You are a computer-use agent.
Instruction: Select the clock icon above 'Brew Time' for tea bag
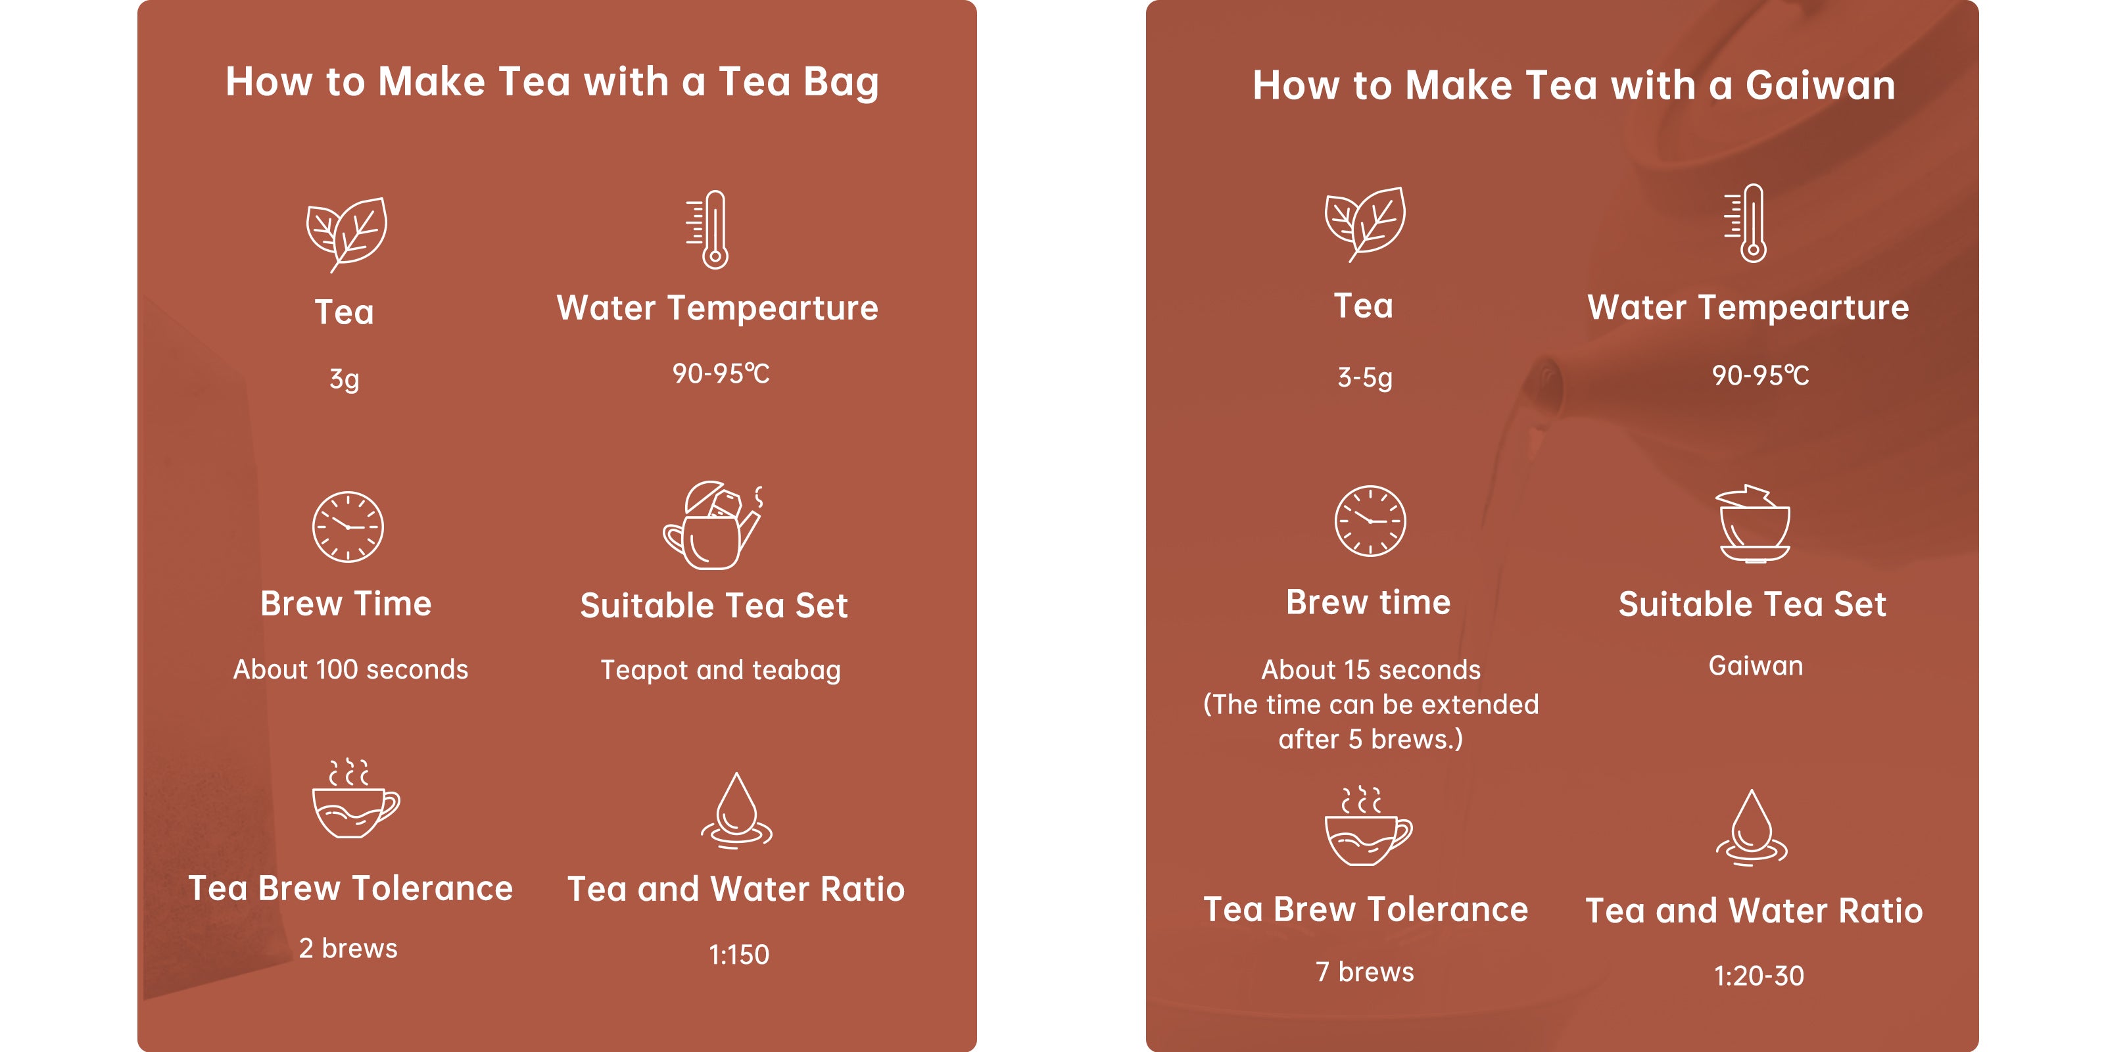pos(348,527)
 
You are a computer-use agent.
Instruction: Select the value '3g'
pos(345,379)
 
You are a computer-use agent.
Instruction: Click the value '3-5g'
pos(1365,377)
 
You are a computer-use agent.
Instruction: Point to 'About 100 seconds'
pos(350,670)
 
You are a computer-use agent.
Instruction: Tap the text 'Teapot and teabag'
pos(721,671)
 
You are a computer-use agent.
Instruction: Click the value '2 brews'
pos(348,948)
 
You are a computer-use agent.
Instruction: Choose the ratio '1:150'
pos(738,955)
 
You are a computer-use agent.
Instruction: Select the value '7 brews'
pos(1365,972)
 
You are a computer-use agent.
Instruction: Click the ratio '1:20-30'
pos(1759,976)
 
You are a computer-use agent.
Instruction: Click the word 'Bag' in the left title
pos(840,82)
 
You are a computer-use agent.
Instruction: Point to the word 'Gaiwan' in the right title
pos(1821,85)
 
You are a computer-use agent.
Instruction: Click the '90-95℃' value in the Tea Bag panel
pos(721,374)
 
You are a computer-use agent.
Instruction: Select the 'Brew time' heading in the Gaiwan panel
pos(1368,603)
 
